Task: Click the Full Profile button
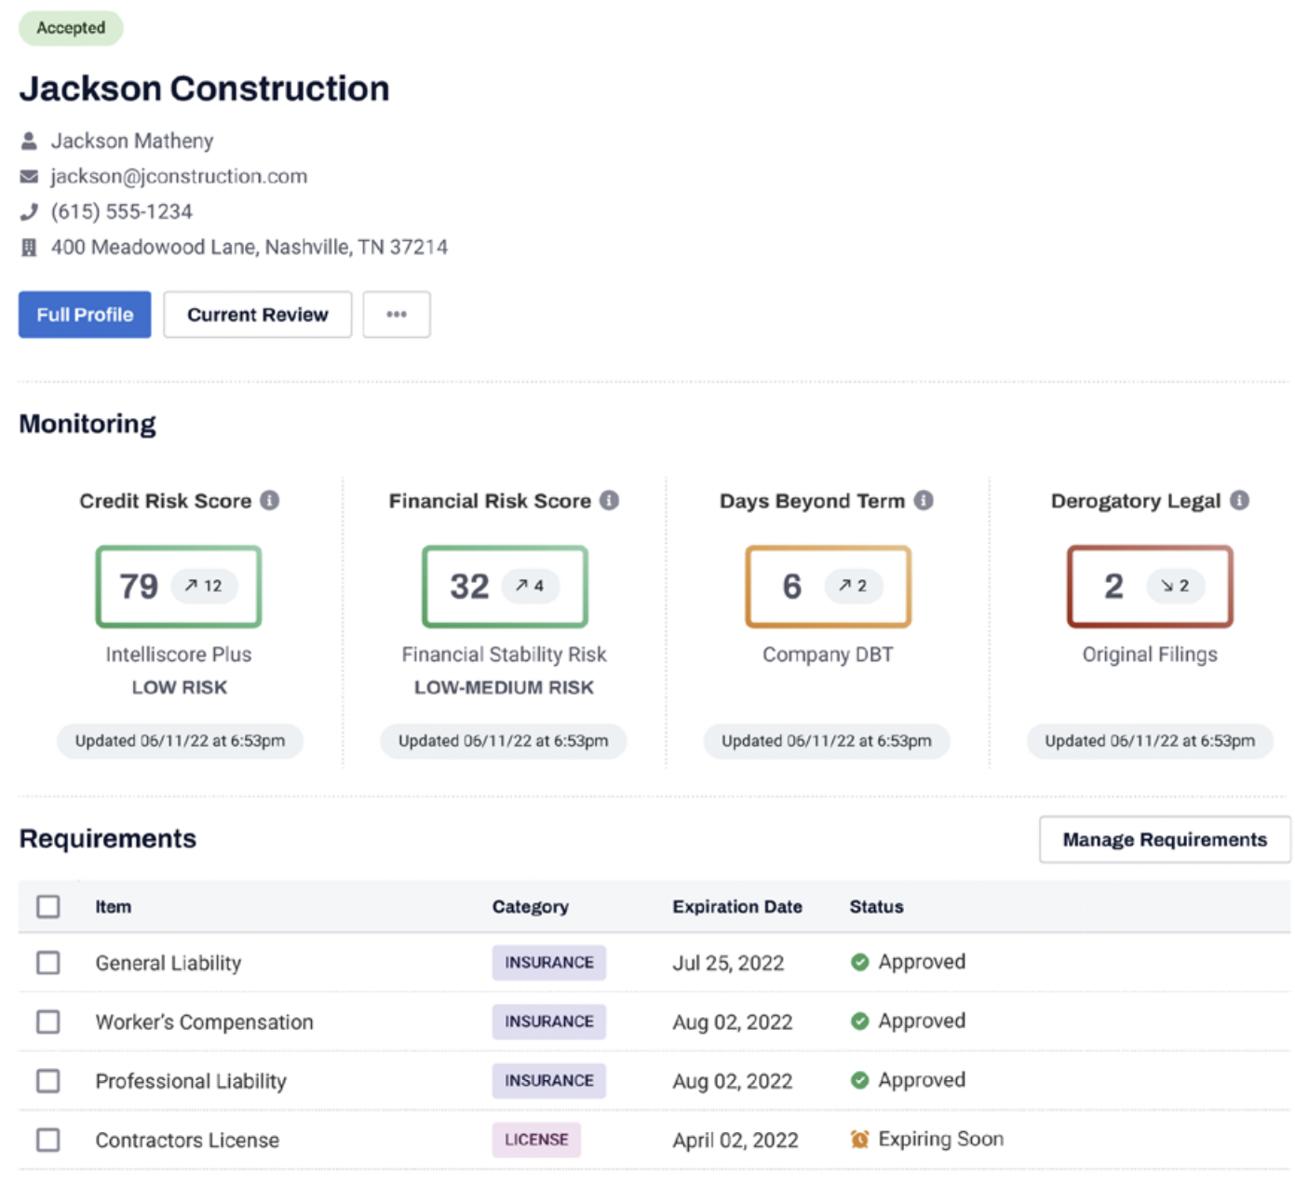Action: coord(85,315)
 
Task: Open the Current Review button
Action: coord(257,315)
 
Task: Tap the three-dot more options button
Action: coord(397,315)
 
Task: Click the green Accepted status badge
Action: coord(71,28)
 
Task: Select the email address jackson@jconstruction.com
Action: coord(179,176)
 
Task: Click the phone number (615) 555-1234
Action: coord(121,211)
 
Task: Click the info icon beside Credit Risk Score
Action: coord(270,500)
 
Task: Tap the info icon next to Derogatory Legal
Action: coord(1239,500)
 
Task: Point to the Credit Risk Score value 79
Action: coord(139,587)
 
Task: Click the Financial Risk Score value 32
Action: coord(469,587)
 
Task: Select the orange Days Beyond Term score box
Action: coord(828,587)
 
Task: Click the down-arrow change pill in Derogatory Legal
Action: coord(1175,586)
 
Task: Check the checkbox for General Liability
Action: coord(48,962)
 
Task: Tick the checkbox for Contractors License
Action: coord(48,1140)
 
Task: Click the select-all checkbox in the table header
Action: coord(48,906)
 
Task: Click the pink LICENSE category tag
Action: coord(536,1140)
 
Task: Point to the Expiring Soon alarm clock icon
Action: coord(859,1139)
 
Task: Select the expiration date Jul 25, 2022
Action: coord(728,963)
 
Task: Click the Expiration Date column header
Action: coord(737,906)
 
